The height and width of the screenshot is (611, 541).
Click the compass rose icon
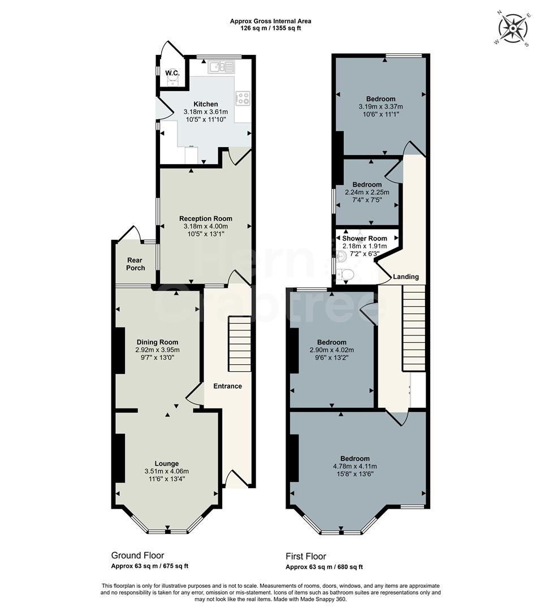click(513, 28)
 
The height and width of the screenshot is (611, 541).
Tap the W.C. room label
click(172, 74)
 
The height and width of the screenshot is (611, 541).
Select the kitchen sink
click(221, 67)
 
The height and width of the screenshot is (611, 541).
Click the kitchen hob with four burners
click(243, 98)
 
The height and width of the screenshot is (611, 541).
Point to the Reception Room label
click(205, 218)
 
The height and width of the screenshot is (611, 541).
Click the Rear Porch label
click(136, 264)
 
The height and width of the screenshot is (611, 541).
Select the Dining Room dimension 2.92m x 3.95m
click(157, 350)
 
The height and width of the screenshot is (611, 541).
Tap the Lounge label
click(167, 463)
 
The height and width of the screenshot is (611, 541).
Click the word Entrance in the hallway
click(227, 386)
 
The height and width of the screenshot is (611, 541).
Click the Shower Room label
click(365, 238)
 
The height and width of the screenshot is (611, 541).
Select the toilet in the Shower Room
click(346, 275)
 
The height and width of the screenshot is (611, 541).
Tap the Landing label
click(406, 277)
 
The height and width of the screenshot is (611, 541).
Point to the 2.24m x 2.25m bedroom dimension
click(367, 192)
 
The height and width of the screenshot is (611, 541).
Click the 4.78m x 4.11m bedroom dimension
click(355, 466)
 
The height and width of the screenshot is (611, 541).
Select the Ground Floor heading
click(137, 555)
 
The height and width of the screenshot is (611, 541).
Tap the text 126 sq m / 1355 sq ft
click(270, 28)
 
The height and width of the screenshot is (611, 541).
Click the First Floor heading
click(306, 556)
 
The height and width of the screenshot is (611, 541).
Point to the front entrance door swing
click(233, 479)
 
